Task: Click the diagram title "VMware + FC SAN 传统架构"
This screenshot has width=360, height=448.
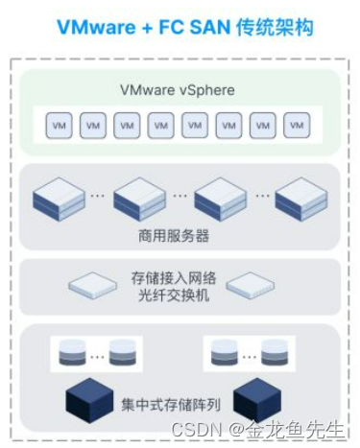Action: click(179, 27)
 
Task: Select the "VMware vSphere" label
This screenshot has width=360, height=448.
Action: click(179, 91)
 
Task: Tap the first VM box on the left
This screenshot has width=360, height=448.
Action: click(58, 126)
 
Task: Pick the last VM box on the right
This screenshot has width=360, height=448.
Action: click(299, 126)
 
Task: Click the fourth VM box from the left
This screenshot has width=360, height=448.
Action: click(161, 126)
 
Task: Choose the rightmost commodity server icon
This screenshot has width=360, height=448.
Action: click(300, 200)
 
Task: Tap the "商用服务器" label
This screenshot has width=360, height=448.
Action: click(179, 236)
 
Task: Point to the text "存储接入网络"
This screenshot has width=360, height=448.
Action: click(180, 276)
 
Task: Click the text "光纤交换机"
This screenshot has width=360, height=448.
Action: click(180, 294)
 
